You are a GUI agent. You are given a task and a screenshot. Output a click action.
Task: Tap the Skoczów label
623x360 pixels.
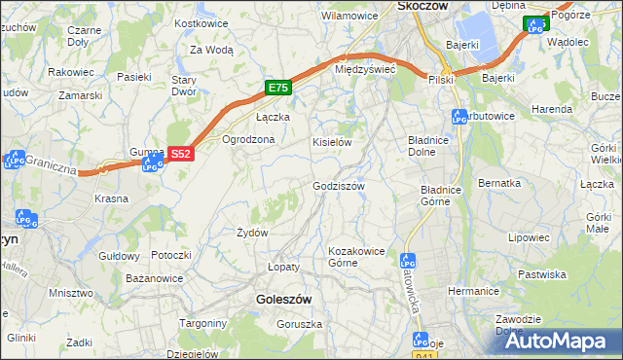tap(422, 6)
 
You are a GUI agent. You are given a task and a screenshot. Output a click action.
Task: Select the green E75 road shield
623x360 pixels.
tap(278, 88)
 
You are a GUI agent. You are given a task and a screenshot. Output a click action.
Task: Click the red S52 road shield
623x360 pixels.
tap(181, 154)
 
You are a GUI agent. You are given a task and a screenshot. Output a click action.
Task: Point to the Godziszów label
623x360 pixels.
tap(338, 186)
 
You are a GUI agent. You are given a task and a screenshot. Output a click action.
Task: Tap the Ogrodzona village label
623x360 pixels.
tap(249, 139)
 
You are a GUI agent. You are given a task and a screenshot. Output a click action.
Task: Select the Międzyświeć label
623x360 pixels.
tap(364, 69)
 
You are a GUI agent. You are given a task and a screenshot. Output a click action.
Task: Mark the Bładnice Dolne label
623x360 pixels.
tap(433, 146)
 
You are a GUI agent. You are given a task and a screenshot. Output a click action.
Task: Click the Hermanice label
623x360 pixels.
tap(474, 291)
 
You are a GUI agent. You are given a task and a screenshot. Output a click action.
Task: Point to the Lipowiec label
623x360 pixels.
tap(529, 236)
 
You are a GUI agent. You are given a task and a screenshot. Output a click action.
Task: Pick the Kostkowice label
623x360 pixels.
tap(199, 22)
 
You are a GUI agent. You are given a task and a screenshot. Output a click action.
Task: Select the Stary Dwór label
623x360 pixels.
tap(184, 86)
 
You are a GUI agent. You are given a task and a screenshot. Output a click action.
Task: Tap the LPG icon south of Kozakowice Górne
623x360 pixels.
tap(408, 261)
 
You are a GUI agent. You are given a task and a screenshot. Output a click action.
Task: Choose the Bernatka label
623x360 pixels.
tap(499, 183)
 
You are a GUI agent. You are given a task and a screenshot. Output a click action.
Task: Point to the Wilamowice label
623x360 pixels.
tap(349, 16)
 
